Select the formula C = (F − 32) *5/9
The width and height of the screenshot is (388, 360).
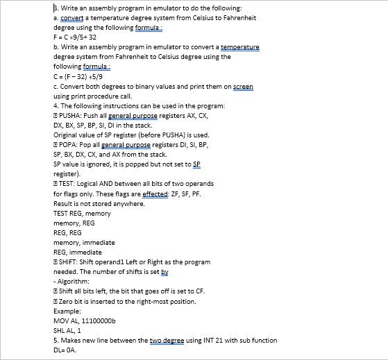pyautogui.click(x=79, y=77)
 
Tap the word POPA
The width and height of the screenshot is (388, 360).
pyautogui.click(x=69, y=144)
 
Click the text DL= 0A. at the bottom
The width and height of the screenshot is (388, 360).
pyautogui.click(x=65, y=350)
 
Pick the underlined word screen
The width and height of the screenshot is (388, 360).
pyautogui.click(x=244, y=87)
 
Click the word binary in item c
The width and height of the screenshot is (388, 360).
pyautogui.click(x=137, y=87)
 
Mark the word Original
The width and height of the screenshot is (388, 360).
pyautogui.click(x=66, y=135)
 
